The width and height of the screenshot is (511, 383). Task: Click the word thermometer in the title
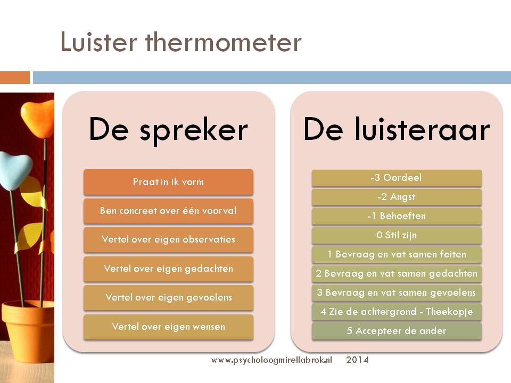223,42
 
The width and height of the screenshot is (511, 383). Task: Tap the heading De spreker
169,130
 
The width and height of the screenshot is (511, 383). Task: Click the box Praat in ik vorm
168,182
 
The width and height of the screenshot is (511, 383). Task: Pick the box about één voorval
168,211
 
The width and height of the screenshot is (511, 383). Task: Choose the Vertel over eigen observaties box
168,240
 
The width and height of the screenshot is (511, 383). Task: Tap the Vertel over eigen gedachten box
168,269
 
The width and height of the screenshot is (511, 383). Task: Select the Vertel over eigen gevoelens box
168,298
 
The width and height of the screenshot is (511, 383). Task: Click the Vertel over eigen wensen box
168,327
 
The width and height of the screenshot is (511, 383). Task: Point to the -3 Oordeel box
397,178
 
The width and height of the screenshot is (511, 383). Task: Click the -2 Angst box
397,197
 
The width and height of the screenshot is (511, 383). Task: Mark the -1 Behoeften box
397,217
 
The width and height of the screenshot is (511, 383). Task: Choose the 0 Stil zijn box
397,236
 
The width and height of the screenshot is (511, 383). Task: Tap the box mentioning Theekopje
397,312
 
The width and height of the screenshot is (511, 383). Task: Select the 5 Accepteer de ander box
397,331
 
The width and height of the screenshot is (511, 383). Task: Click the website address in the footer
272,360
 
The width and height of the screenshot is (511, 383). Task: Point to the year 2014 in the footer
358,360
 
